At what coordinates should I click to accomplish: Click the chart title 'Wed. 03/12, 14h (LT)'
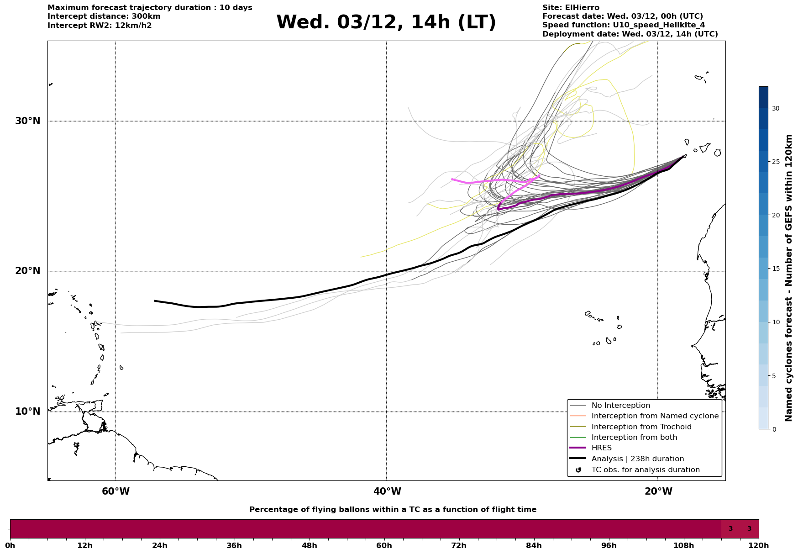(x=386, y=22)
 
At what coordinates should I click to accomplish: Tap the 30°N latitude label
(x=28, y=121)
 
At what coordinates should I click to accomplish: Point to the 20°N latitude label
(x=28, y=271)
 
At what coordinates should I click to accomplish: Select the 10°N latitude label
(x=28, y=412)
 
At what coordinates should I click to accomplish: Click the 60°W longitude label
(x=115, y=491)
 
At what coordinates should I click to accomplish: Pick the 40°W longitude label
(x=387, y=491)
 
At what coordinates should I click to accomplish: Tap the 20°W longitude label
(x=658, y=491)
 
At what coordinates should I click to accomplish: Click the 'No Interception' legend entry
(x=620, y=406)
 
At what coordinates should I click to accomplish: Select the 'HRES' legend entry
(x=601, y=448)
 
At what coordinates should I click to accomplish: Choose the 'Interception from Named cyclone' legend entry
(x=655, y=416)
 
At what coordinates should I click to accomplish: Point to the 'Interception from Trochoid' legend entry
(x=641, y=427)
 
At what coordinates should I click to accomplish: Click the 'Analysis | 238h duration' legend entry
(x=637, y=459)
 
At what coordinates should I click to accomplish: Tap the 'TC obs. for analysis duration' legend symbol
(x=578, y=470)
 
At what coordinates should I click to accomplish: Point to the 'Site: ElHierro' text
(x=571, y=8)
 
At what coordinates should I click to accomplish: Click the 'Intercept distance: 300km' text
(x=104, y=16)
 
